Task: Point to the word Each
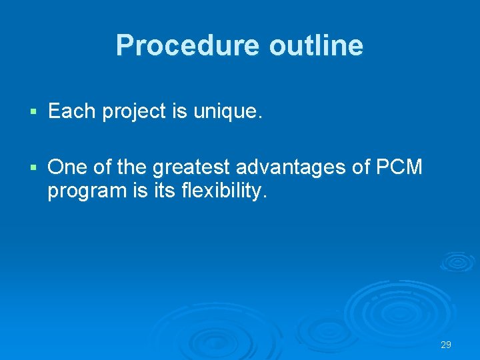pos(72,111)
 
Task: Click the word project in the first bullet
pos(133,112)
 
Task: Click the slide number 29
pos(446,345)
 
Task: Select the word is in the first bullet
pos(179,111)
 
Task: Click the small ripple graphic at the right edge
pos(457,261)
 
